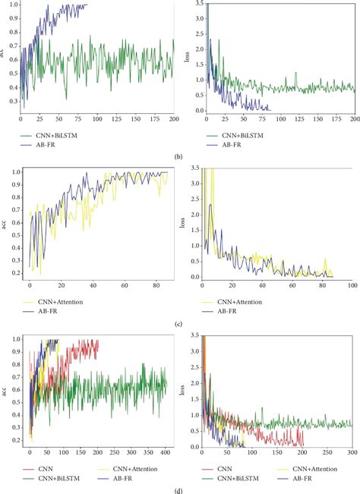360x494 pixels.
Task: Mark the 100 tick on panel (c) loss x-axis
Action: (x=351, y=286)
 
